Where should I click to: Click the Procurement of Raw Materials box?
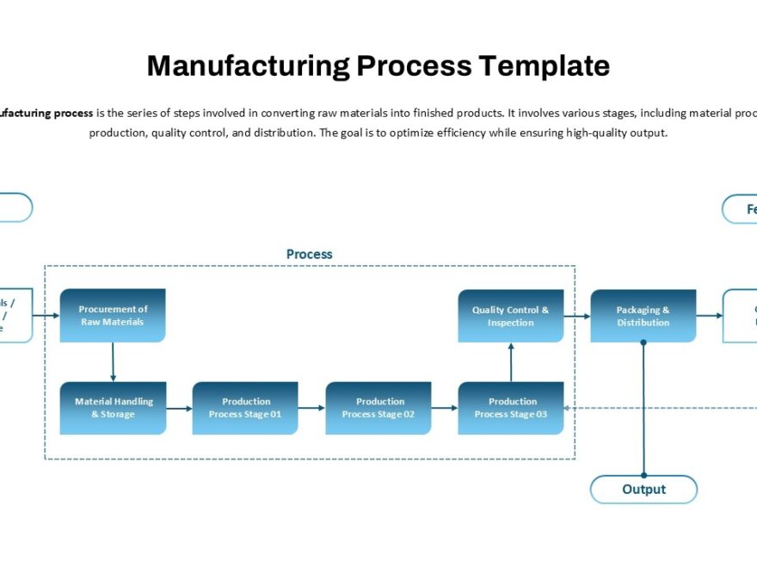tap(113, 316)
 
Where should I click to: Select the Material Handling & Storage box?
tap(113, 408)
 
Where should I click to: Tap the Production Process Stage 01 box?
tap(245, 408)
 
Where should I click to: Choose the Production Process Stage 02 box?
tap(378, 408)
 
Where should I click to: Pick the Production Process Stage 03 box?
tap(511, 408)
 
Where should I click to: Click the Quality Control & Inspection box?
tap(511, 316)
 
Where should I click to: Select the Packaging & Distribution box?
tap(643, 316)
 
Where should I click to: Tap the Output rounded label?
tap(643, 489)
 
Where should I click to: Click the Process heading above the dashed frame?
tap(309, 254)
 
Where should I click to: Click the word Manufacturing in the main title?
tap(249, 66)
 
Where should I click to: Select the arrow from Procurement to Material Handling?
tap(113, 362)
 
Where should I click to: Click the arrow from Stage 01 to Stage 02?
tap(311, 408)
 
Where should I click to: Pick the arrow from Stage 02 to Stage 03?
tap(445, 408)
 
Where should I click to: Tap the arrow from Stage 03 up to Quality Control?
tap(511, 362)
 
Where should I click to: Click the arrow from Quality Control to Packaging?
tap(577, 316)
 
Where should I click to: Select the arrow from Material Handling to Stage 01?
tap(179, 408)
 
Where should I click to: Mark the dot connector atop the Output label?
tap(643, 475)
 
